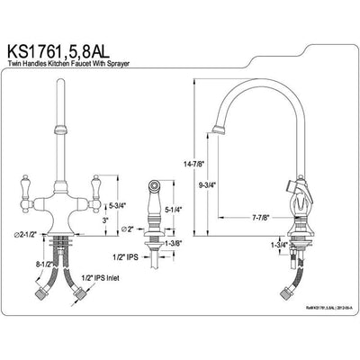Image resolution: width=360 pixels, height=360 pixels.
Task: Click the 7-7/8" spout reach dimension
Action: (x=262, y=217)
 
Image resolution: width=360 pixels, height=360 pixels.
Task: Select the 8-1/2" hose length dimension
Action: (x=40, y=265)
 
